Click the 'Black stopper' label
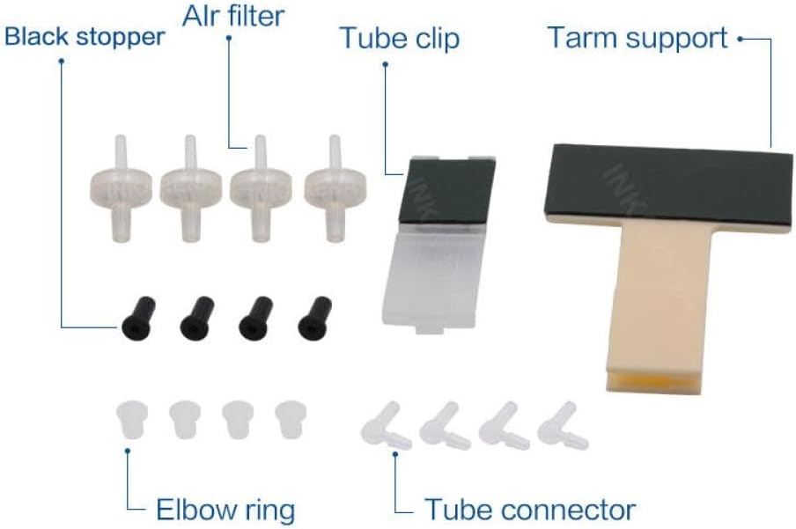[85, 37]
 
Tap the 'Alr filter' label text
[234, 16]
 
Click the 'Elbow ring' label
[225, 510]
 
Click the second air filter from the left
[187, 187]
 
